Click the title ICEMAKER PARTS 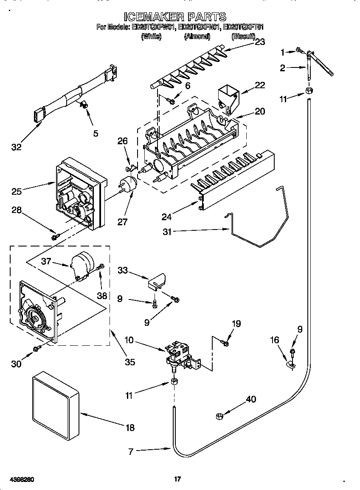(x=175, y=17)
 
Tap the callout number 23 (x=259, y=42)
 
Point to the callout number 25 (x=17, y=192)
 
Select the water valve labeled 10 (x=180, y=355)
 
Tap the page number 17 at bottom (x=178, y=479)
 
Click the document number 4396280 (x=18, y=479)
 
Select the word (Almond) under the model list (x=197, y=36)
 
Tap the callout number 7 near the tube (x=131, y=452)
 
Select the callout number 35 (x=130, y=361)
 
